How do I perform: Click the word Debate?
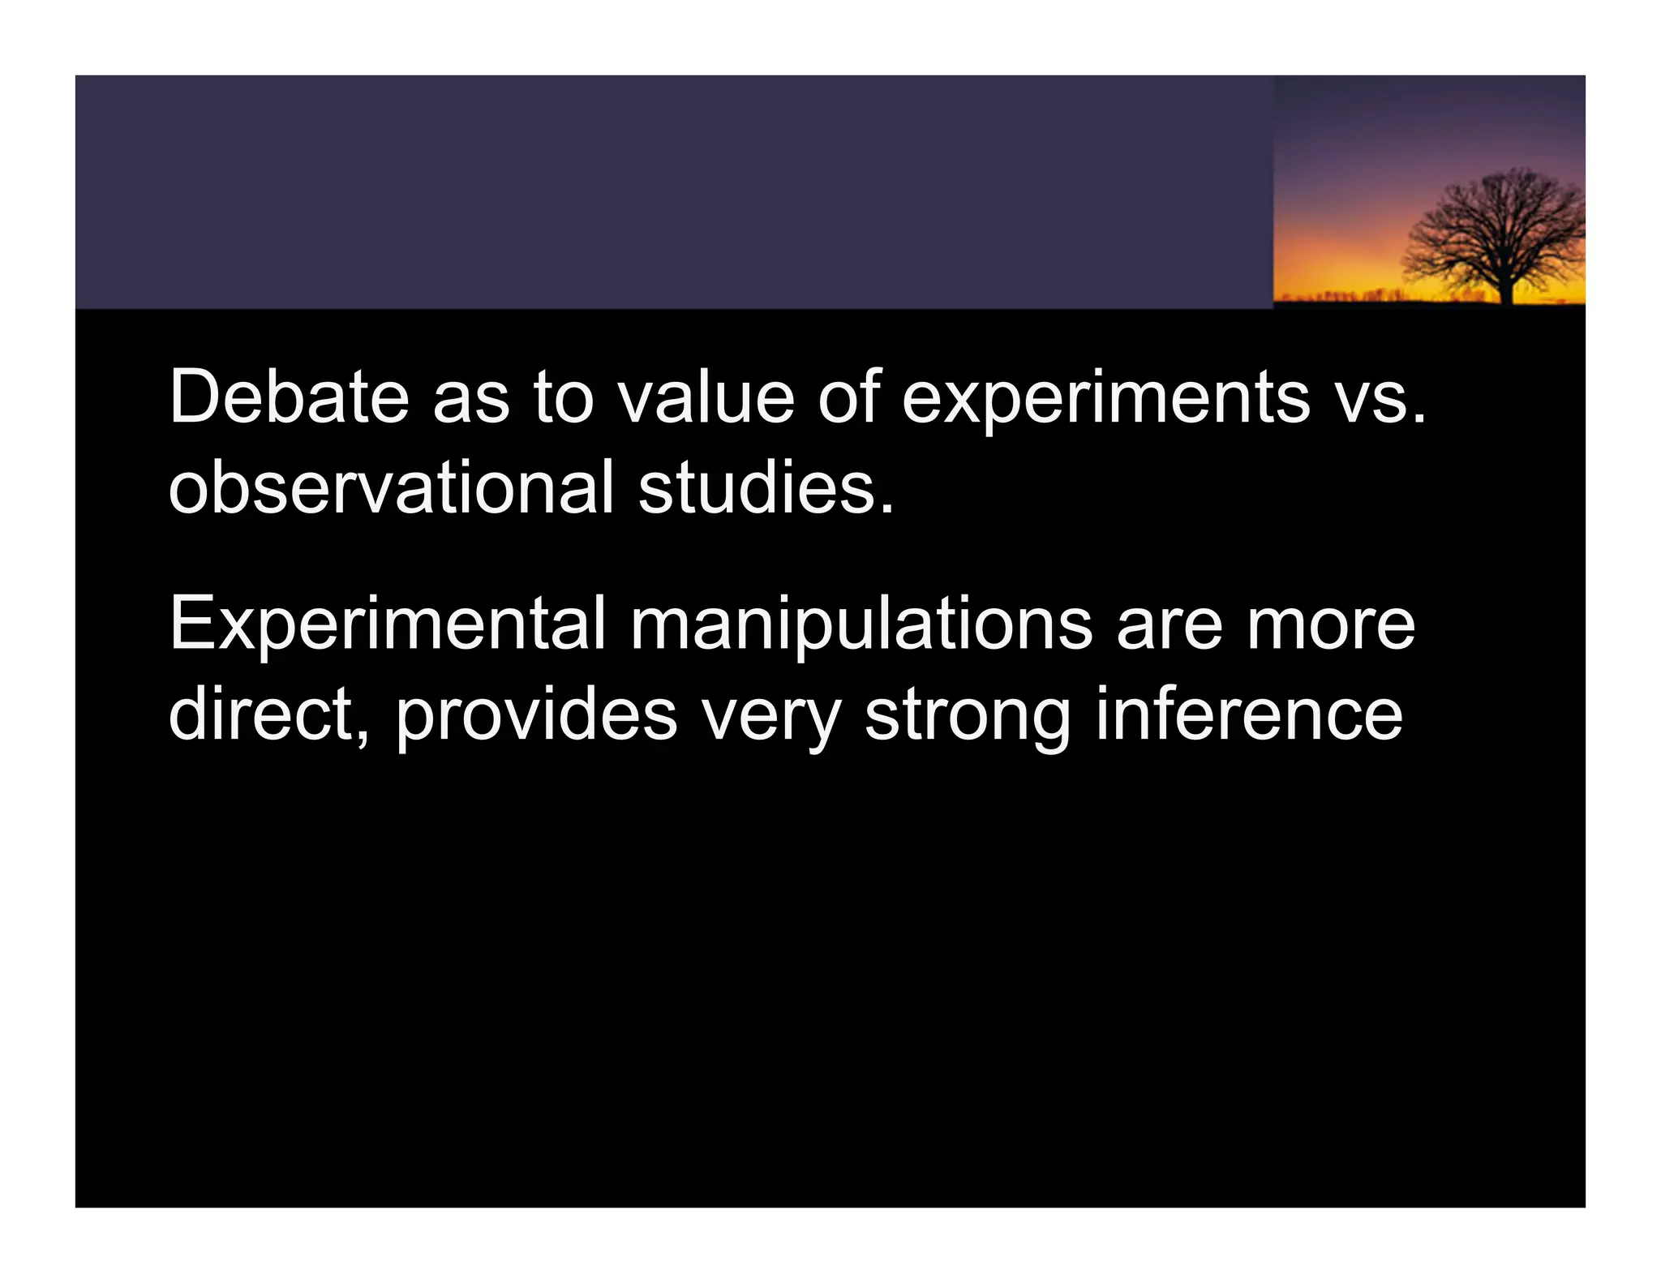point(289,397)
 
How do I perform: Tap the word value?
point(706,397)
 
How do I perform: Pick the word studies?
point(766,487)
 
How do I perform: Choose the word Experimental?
point(387,625)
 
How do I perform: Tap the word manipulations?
point(861,625)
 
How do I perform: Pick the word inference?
point(1249,715)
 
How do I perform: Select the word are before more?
point(1169,625)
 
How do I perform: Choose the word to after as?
point(564,398)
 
